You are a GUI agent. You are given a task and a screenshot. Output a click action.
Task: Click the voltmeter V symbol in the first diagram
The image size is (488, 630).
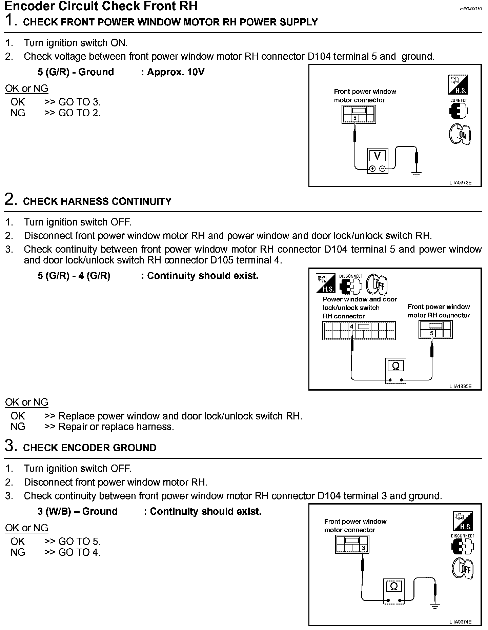[x=377, y=156]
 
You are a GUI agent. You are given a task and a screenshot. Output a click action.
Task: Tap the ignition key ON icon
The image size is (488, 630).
[x=460, y=135]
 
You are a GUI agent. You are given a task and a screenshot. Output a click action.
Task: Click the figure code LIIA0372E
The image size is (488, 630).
[x=460, y=183]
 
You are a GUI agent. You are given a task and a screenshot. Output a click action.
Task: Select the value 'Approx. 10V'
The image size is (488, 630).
[x=176, y=72]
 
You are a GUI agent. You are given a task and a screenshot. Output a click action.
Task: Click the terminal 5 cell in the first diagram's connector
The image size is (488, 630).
[x=354, y=118]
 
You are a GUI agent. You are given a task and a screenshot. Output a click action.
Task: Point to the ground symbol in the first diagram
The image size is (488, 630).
[x=416, y=174]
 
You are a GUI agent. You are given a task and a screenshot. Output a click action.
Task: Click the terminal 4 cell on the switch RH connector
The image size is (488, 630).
[x=352, y=327]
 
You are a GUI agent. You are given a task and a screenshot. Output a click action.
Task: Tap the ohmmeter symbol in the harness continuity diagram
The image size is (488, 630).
[x=395, y=366]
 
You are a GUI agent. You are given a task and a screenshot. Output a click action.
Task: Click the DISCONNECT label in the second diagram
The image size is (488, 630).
[x=351, y=276]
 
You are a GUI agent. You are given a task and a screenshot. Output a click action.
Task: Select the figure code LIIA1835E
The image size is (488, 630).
[x=460, y=386]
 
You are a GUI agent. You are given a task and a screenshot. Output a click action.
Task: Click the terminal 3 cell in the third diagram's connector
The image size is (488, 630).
[x=364, y=548]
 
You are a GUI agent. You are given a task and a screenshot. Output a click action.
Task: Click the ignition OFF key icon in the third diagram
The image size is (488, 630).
[x=463, y=569]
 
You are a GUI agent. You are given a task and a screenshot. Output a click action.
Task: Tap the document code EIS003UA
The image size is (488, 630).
[x=471, y=9]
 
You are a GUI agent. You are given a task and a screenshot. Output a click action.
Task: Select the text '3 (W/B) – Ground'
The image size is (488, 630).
[x=78, y=511]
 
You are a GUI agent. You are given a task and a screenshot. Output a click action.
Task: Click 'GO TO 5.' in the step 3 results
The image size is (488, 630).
[x=80, y=542]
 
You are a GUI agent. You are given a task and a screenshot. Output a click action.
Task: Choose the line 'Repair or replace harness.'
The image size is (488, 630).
[x=116, y=427]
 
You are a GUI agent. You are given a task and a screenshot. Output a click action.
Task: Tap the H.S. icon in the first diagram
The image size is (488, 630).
[x=458, y=84]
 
